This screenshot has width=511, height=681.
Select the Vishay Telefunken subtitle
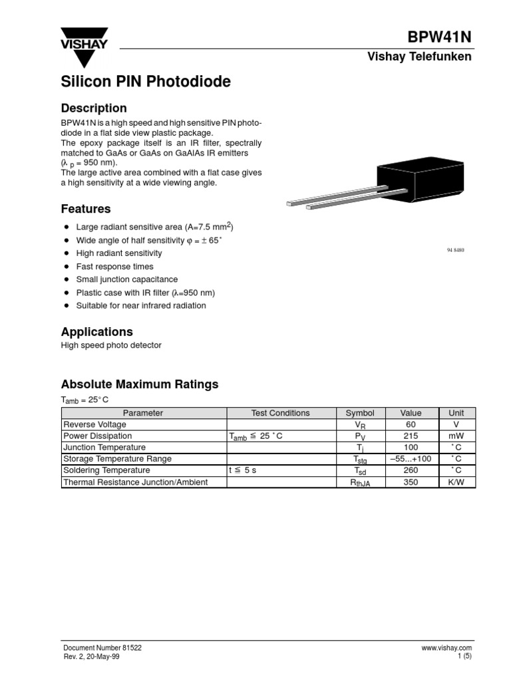tap(419, 57)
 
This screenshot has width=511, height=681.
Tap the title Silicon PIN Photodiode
tap(146, 82)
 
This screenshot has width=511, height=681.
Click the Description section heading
tap(94, 108)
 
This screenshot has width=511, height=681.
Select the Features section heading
tap(86, 209)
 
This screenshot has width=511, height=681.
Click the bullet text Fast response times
tap(114, 267)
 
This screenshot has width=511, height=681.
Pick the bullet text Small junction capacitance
tap(126, 279)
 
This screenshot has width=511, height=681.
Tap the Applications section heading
tap(97, 331)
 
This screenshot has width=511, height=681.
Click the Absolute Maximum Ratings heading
tap(140, 384)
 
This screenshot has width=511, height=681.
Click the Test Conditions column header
tap(280, 413)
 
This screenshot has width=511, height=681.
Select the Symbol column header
tap(360, 413)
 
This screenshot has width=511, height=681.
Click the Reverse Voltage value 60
tap(411, 424)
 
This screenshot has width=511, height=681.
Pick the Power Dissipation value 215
tap(411, 436)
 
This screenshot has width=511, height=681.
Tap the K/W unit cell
tap(456, 482)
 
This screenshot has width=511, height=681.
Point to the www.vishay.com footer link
tap(446, 648)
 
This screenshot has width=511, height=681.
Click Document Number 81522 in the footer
tap(102, 648)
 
